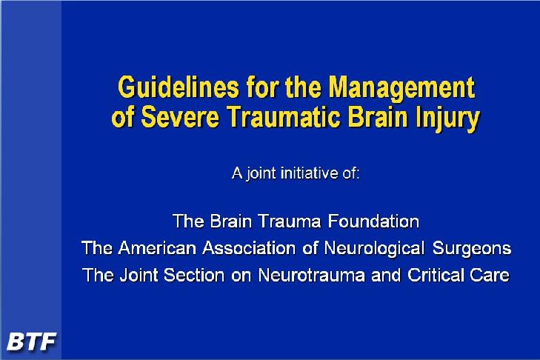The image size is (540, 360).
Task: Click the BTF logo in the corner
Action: pyautogui.click(x=31, y=341)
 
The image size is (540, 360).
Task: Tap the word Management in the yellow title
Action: pyautogui.click(x=401, y=88)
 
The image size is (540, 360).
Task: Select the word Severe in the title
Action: pyautogui.click(x=180, y=116)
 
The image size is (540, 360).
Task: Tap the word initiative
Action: pyautogui.click(x=310, y=173)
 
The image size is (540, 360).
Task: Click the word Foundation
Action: pyautogui.click(x=373, y=221)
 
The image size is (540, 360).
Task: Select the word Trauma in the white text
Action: pyautogui.click(x=290, y=221)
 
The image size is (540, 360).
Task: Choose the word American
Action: pyautogui.click(x=157, y=248)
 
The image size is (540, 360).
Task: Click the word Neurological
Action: pyautogui.click(x=374, y=249)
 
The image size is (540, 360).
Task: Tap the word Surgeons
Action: pyautogui.click(x=471, y=249)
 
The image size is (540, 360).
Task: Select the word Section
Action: pyautogui.click(x=194, y=275)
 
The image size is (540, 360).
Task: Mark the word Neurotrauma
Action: pyautogui.click(x=311, y=275)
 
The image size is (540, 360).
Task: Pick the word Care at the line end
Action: pyautogui.click(x=490, y=275)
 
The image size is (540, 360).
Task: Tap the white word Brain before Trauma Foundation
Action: pyautogui.click(x=230, y=221)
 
